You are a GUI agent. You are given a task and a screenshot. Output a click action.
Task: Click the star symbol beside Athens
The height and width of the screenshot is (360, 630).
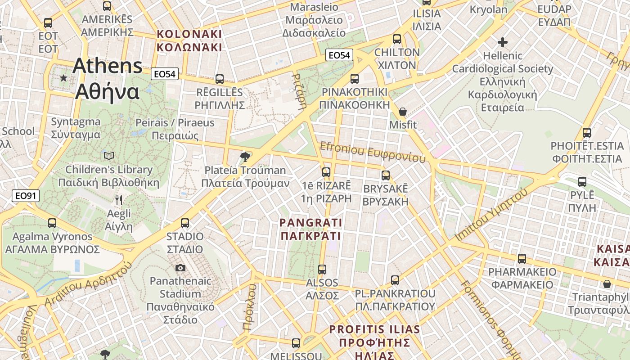(x=63, y=78)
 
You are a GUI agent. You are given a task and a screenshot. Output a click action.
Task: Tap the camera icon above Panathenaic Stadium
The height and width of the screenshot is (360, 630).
(x=180, y=268)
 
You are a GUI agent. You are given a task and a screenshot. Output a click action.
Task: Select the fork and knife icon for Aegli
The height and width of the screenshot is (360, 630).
(x=119, y=200)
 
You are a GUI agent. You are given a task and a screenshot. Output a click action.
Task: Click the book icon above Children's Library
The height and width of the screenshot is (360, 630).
(x=109, y=156)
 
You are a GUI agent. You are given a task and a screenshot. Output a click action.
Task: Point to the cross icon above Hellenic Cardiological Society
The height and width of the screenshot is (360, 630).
(x=503, y=43)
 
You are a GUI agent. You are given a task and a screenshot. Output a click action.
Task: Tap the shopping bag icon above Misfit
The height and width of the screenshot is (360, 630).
(x=403, y=112)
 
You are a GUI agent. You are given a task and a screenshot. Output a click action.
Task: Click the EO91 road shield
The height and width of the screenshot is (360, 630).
(x=26, y=196)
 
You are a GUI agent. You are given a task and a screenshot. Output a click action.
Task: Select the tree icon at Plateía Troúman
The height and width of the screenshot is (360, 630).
(x=245, y=157)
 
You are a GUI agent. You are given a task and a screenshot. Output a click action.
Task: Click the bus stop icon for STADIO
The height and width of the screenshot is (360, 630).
(x=185, y=223)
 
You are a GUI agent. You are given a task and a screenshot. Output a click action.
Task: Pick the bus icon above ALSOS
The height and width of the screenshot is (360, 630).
(x=322, y=270)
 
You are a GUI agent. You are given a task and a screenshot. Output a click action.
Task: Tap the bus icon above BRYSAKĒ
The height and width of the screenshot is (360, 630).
(x=386, y=175)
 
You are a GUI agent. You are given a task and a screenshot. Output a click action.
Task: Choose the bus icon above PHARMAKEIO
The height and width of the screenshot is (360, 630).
(x=522, y=259)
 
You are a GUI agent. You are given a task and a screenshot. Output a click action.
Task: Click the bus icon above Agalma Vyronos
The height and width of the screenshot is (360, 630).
(x=52, y=223)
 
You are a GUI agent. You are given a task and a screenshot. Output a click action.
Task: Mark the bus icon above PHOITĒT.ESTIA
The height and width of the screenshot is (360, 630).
(x=587, y=133)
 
